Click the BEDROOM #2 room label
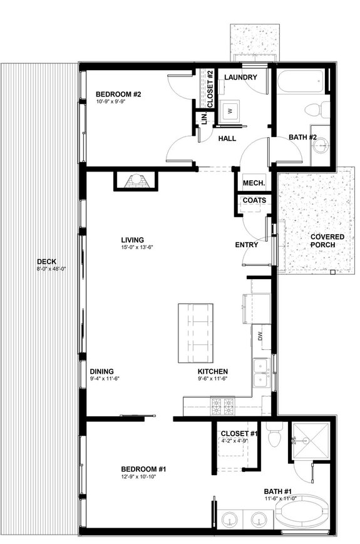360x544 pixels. click(x=118, y=95)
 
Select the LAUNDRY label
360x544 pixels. click(x=240, y=77)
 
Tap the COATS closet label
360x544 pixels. click(x=254, y=200)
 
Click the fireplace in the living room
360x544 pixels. click(x=135, y=181)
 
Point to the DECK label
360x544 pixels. click(x=46, y=262)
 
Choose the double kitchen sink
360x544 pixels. click(x=262, y=372)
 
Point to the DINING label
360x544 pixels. click(x=101, y=371)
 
